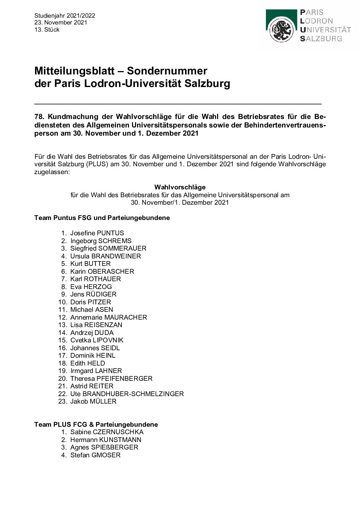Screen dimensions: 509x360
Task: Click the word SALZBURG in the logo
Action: (321, 39)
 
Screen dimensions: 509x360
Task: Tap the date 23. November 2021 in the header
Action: (61, 22)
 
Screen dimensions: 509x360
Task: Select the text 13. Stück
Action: (47, 30)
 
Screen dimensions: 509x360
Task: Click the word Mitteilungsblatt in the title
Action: (78, 71)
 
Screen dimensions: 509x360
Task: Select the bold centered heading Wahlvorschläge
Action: (180, 187)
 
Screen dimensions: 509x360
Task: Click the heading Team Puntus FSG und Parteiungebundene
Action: (102, 218)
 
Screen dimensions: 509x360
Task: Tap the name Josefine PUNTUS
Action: (97, 233)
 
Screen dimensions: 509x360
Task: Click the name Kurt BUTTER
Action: (91, 264)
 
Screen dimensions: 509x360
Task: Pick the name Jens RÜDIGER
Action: (93, 294)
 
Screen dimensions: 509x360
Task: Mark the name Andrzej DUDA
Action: (92, 333)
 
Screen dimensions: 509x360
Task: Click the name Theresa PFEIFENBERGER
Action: (111, 378)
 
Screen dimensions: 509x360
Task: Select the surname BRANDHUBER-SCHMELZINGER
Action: (133, 394)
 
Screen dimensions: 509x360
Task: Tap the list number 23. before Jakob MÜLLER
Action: (63, 401)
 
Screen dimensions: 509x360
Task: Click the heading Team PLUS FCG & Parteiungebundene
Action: (96, 424)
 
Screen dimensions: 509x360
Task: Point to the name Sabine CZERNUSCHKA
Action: (107, 432)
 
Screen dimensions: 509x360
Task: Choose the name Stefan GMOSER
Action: (95, 455)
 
